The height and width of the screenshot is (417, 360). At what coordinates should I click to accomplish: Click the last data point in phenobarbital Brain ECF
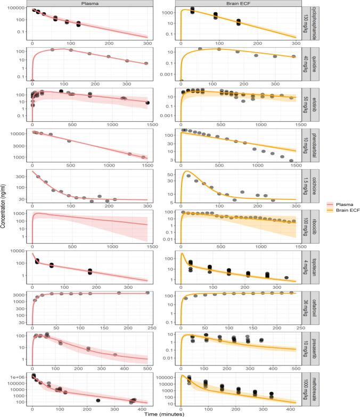tap(291, 160)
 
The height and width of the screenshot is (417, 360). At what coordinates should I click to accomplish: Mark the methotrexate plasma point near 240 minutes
tap(98, 401)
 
